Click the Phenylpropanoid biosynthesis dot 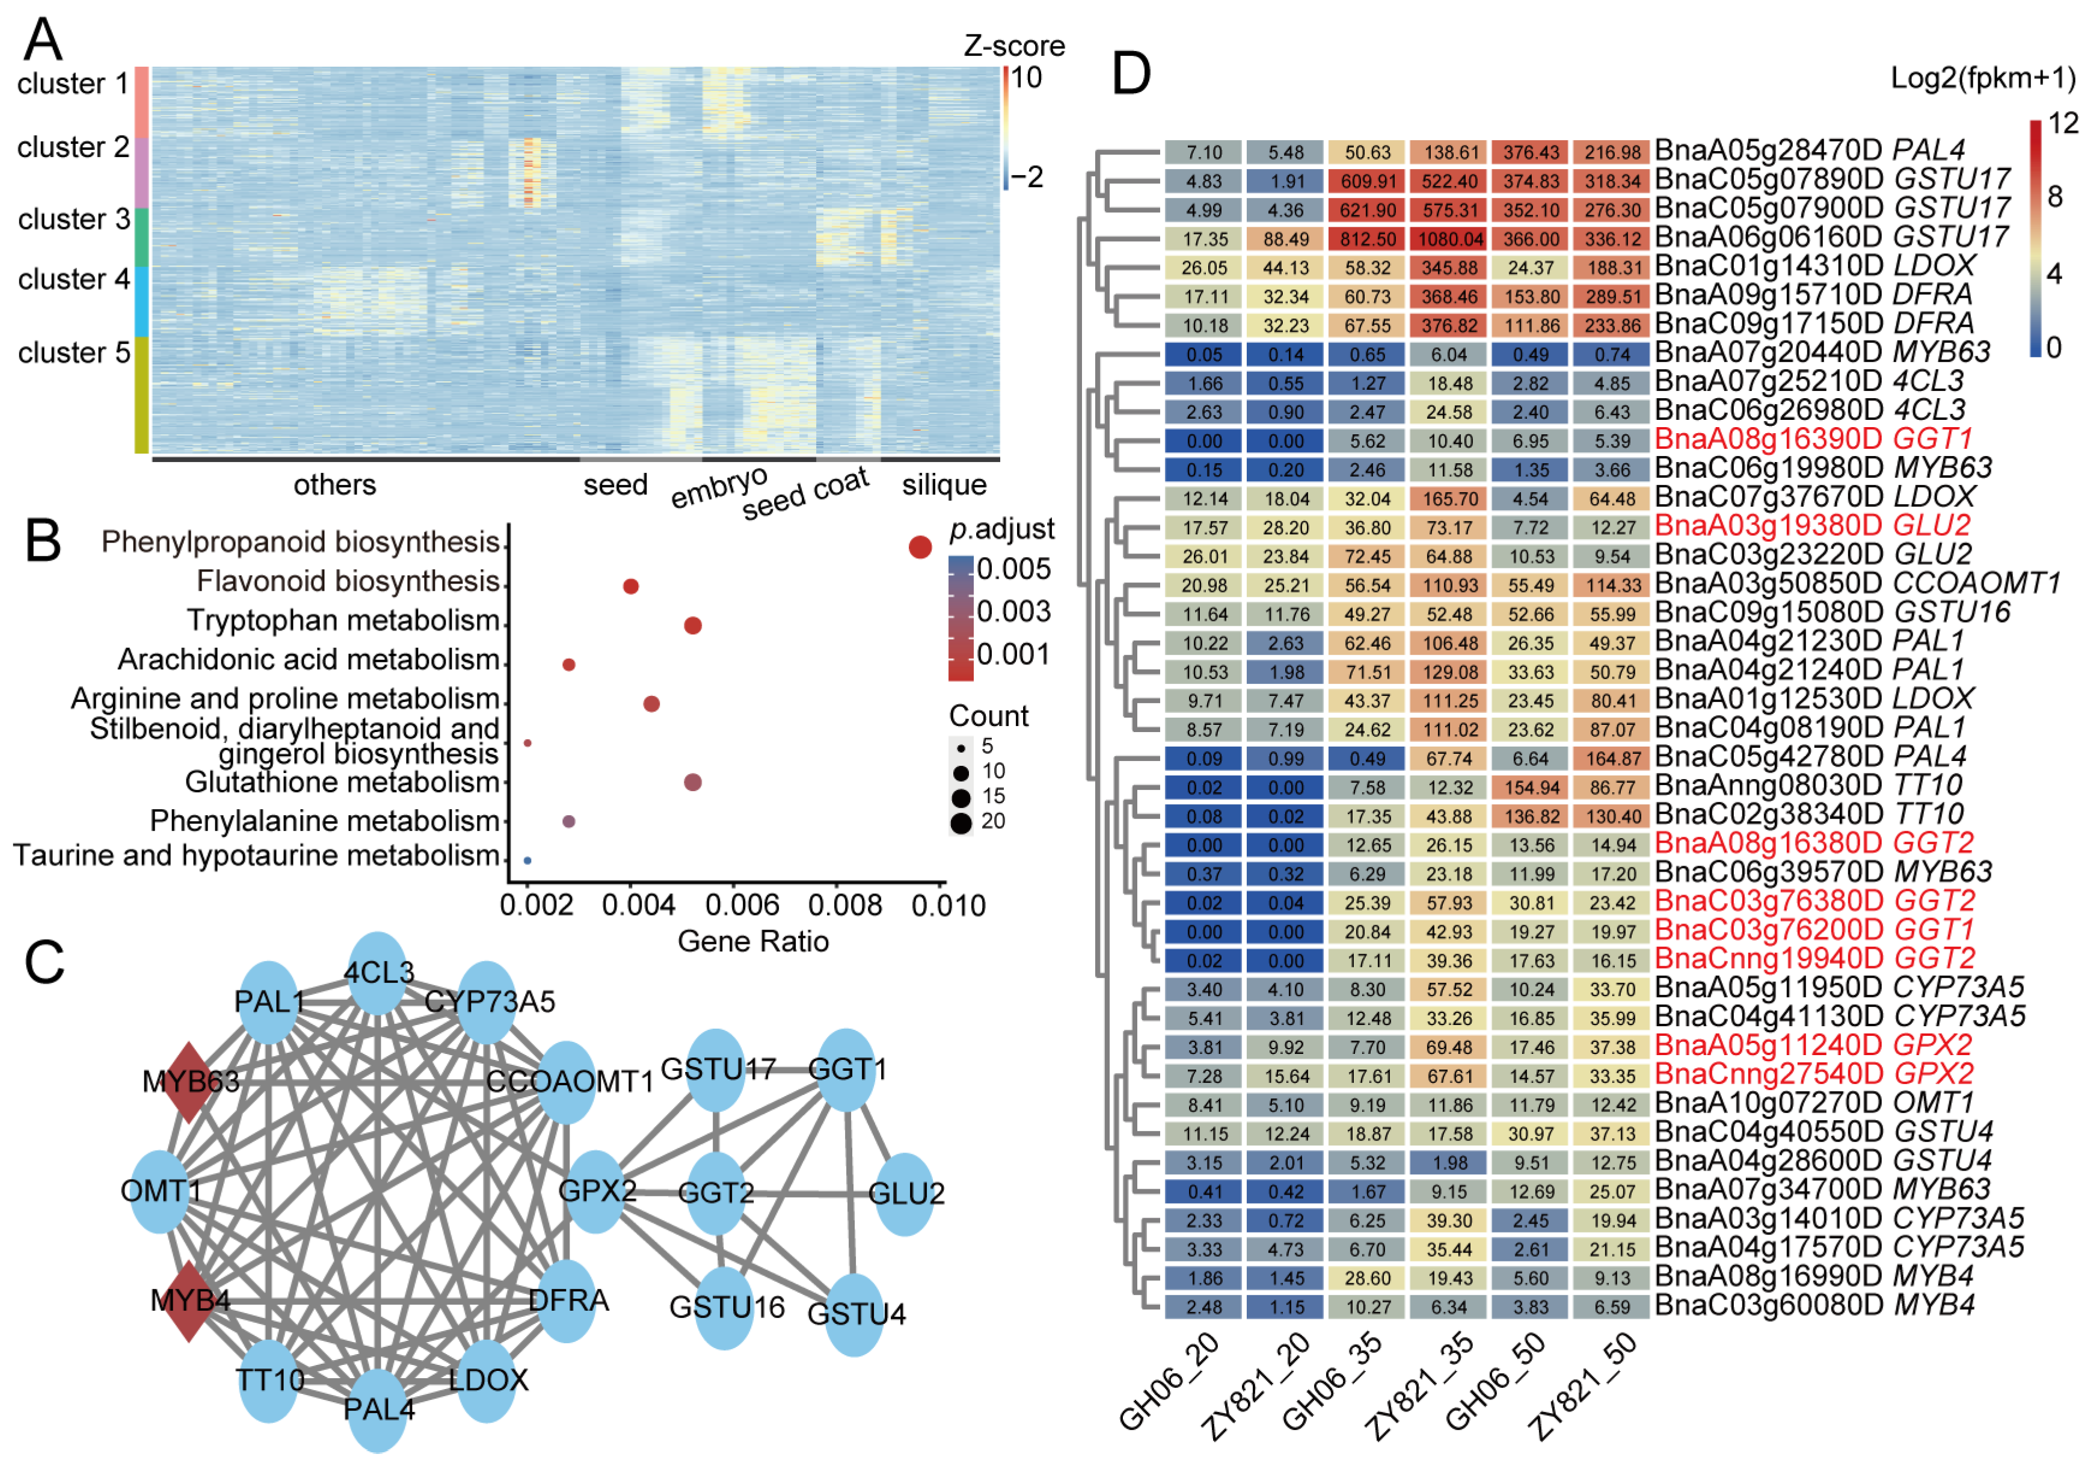920,547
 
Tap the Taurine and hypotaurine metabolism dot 527,861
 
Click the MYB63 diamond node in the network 189,1082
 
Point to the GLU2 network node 905,1193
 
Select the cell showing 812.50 1368,239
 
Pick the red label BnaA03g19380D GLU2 1812,525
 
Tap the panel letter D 1131,75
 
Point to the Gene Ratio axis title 753,941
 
